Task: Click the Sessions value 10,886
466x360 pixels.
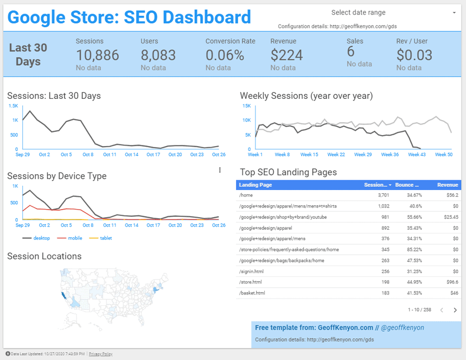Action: [x=98, y=55]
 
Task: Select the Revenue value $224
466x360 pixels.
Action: [x=286, y=55]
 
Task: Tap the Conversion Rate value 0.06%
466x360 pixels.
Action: [x=225, y=55]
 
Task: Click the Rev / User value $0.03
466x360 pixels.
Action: [x=414, y=55]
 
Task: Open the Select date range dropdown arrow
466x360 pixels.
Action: [x=454, y=12]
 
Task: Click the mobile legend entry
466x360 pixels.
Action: [x=72, y=238]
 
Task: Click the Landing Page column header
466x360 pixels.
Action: [x=256, y=185]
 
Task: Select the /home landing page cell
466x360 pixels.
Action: [x=246, y=195]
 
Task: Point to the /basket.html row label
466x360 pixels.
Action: [x=252, y=293]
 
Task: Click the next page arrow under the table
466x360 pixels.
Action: [x=455, y=310]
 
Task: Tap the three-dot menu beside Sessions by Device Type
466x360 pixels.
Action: [x=220, y=170]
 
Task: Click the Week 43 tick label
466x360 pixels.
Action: [x=417, y=155]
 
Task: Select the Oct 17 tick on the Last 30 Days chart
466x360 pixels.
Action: [x=154, y=155]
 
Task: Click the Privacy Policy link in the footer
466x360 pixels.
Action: [x=101, y=354]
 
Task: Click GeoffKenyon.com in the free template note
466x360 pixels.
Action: [x=344, y=328]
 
